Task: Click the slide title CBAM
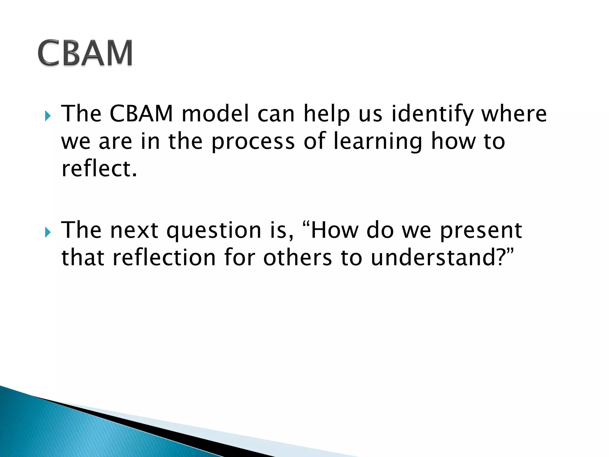tap(85, 53)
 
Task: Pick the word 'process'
tap(253, 142)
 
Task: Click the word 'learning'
tap(378, 142)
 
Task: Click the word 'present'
tap(481, 231)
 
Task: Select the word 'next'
tap(134, 231)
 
